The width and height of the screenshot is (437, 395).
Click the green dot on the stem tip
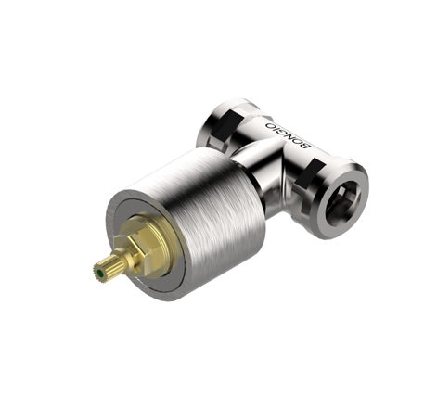pos(100,273)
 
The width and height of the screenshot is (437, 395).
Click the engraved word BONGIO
pos(287,136)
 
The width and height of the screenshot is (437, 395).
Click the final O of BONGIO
pos(270,126)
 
